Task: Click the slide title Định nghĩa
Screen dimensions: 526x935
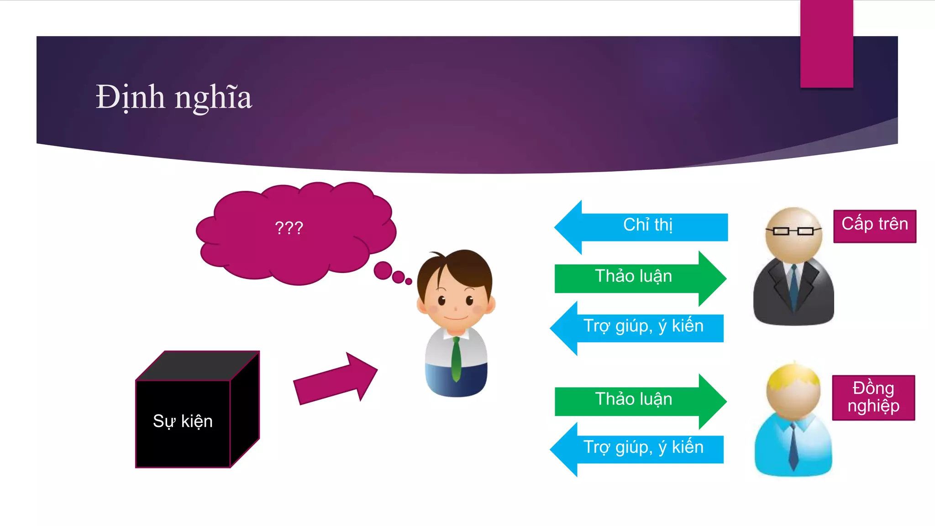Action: click(x=173, y=97)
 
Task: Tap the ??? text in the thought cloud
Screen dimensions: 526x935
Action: click(x=289, y=227)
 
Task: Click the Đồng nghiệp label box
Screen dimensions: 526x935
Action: click(x=873, y=397)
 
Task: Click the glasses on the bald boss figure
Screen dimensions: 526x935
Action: click(x=793, y=231)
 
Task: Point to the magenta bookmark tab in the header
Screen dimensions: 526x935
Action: click(x=826, y=44)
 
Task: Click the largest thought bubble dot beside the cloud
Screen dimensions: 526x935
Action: click(x=383, y=270)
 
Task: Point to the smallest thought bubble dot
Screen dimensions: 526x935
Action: click(x=409, y=281)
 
